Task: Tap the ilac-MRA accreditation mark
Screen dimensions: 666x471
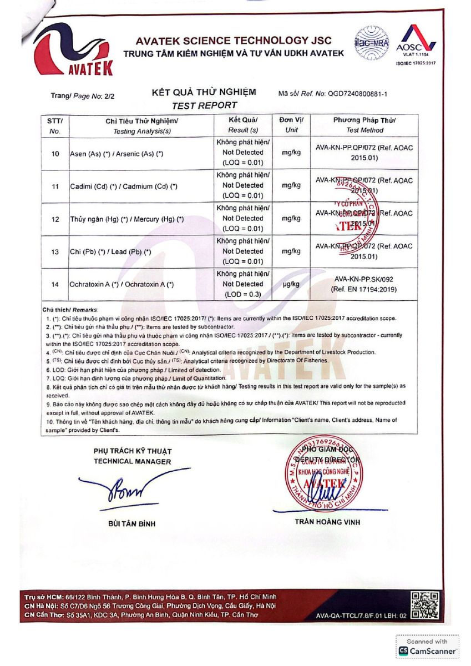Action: (371, 43)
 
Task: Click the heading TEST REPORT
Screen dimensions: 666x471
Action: (204, 105)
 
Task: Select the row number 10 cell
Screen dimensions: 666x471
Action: (55, 153)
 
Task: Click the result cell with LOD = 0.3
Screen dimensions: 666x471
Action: (242, 284)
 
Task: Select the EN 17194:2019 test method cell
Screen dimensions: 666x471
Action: (364, 285)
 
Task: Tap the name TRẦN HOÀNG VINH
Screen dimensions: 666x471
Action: (327, 522)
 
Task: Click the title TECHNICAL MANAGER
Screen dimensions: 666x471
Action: (133, 461)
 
